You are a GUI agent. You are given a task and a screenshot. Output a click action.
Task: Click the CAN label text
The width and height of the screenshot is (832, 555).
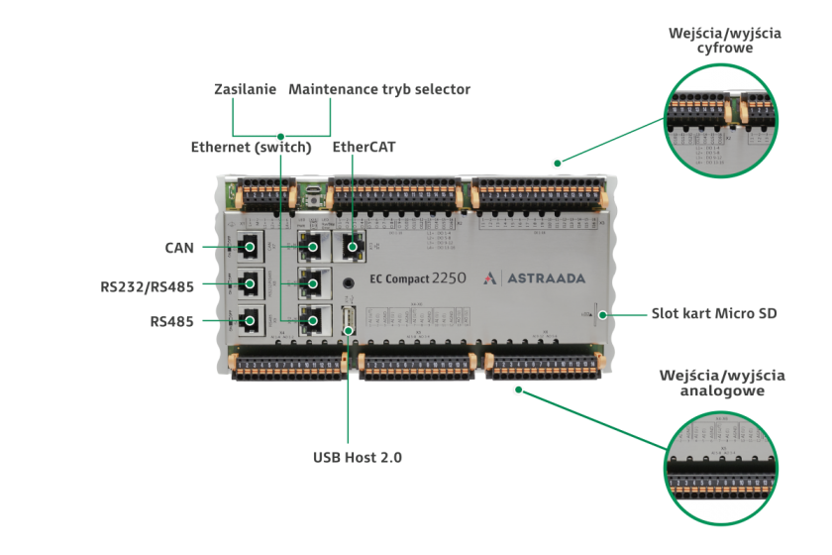click(x=179, y=247)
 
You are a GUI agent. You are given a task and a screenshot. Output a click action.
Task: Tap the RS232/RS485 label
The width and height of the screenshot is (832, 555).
click(x=147, y=286)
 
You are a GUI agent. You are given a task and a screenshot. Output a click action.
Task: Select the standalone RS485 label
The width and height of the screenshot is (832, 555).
click(x=171, y=321)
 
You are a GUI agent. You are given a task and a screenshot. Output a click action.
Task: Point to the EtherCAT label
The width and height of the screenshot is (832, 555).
click(x=364, y=147)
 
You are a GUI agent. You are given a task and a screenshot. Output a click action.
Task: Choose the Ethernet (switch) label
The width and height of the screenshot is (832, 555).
click(x=252, y=147)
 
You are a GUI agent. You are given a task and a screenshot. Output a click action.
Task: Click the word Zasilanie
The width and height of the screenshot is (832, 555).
click(x=246, y=89)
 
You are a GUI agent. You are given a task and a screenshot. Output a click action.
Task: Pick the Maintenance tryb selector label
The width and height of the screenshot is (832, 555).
click(x=379, y=89)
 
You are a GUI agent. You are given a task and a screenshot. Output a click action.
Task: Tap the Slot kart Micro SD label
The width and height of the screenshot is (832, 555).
click(x=714, y=314)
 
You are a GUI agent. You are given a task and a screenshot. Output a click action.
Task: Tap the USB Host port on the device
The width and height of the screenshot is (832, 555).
click(x=349, y=319)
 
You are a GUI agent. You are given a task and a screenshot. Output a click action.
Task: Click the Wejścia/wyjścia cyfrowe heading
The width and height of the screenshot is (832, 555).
click(x=725, y=40)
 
